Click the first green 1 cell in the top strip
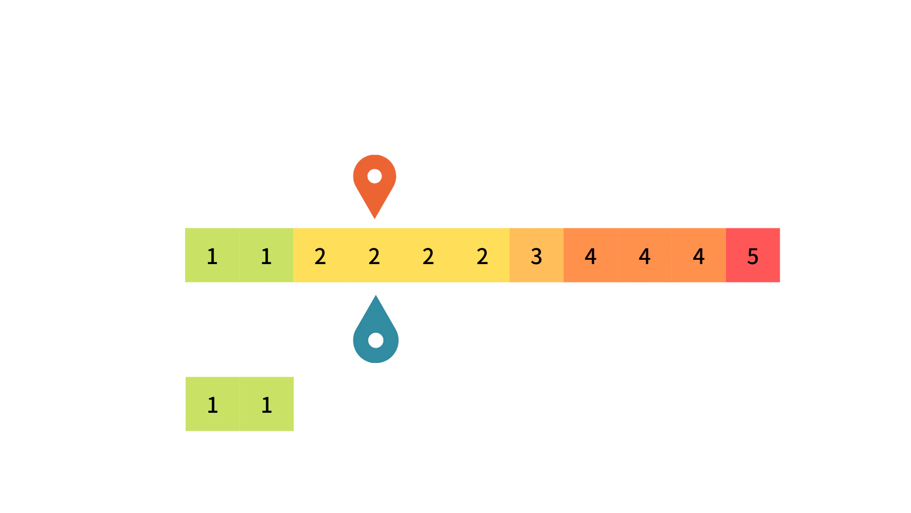pyautogui.click(x=212, y=255)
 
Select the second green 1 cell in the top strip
pyautogui.click(x=266, y=255)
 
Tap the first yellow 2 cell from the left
pyautogui.click(x=320, y=255)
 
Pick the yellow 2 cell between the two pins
pyautogui.click(x=374, y=255)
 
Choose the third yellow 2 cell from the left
pyautogui.click(x=428, y=255)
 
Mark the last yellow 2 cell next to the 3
pyautogui.click(x=483, y=255)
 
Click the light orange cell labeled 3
pyautogui.click(x=537, y=255)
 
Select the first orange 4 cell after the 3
pyautogui.click(x=591, y=255)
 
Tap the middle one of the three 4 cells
pyautogui.click(x=645, y=255)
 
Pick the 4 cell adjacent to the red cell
pyautogui.click(x=699, y=255)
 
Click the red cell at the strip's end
pyautogui.click(x=753, y=255)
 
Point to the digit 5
pyautogui.click(x=753, y=256)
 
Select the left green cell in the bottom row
pyautogui.click(x=213, y=404)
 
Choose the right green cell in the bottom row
pyautogui.click(x=267, y=404)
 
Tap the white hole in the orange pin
pyautogui.click(x=375, y=176)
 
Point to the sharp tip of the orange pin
pyautogui.click(x=375, y=218)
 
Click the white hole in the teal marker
pyautogui.click(x=376, y=340)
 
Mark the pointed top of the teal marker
pyautogui.click(x=376, y=296)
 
